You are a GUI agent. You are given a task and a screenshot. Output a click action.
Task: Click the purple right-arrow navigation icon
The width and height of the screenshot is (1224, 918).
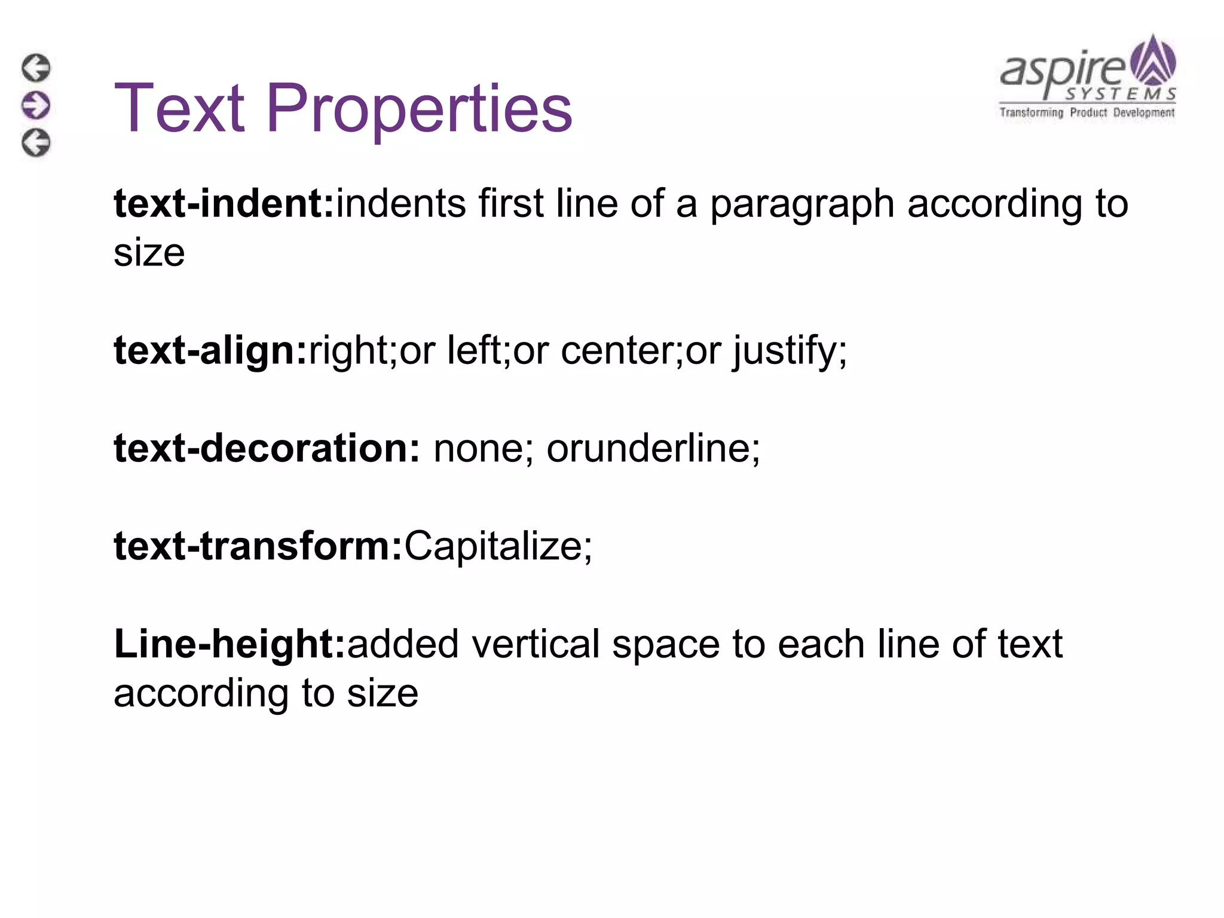tap(36, 105)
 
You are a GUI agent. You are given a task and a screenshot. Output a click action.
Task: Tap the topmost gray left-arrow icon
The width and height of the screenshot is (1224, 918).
tap(36, 68)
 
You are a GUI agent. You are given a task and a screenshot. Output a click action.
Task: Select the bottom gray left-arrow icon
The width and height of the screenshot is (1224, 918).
tap(36, 143)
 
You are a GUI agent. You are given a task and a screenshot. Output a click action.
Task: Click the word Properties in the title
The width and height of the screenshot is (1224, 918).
tap(418, 109)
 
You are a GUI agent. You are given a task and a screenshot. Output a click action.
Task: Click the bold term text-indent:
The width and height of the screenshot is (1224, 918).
tap(224, 204)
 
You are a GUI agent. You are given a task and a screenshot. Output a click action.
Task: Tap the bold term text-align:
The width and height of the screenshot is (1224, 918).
tap(210, 350)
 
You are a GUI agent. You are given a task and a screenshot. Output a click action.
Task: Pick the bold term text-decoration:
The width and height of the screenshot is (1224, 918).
tap(267, 448)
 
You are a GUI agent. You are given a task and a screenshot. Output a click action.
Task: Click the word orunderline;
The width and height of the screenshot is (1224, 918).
tap(653, 448)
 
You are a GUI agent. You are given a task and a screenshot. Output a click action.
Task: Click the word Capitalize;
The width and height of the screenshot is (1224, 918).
tap(498, 547)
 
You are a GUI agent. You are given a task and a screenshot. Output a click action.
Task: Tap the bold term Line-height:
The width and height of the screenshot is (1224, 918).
tap(230, 644)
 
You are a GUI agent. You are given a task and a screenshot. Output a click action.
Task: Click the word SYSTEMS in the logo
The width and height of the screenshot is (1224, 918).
tap(1121, 94)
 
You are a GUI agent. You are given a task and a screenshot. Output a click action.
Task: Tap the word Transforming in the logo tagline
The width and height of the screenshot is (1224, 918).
tap(1032, 112)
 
